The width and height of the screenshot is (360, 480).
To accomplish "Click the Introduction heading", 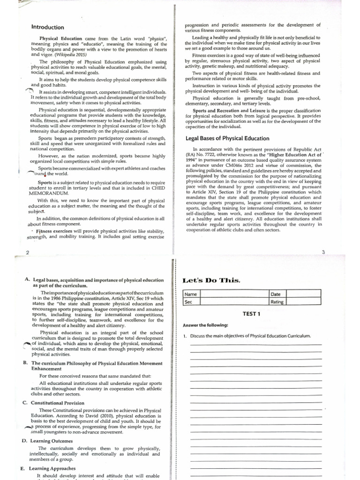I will click(x=47, y=27).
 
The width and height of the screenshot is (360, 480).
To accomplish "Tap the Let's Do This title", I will click(x=211, y=280).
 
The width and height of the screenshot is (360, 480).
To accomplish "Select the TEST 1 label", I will click(x=251, y=314).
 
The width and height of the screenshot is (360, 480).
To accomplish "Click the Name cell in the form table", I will click(x=191, y=294).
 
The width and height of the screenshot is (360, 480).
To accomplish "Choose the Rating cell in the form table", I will click(x=277, y=302).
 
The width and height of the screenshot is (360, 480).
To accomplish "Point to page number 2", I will click(x=27, y=253).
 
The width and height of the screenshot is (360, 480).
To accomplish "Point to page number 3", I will click(x=323, y=252).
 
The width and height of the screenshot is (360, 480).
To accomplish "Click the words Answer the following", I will click(x=205, y=325).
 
